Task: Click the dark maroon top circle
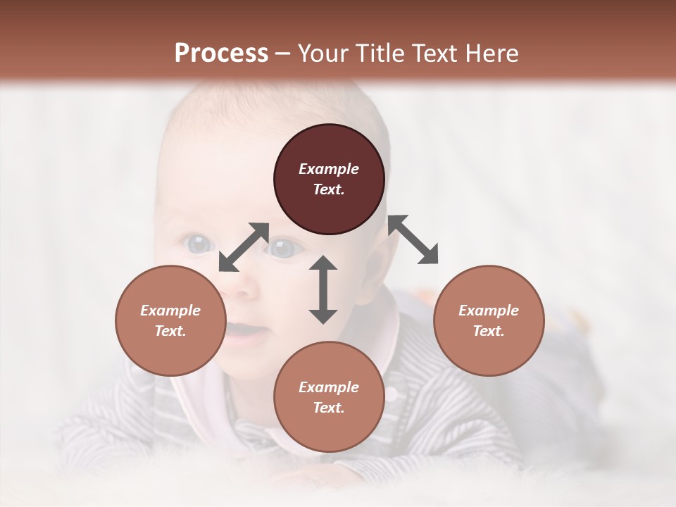(x=329, y=180)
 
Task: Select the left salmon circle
(x=170, y=320)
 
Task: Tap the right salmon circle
(x=489, y=320)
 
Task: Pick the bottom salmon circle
(x=329, y=397)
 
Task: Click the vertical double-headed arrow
(x=323, y=289)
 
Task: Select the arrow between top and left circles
(x=244, y=247)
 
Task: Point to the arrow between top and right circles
(x=413, y=239)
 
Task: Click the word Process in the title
(x=221, y=53)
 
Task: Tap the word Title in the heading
(x=381, y=53)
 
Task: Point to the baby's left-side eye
(x=199, y=244)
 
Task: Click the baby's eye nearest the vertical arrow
(x=284, y=249)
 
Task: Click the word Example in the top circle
(x=329, y=169)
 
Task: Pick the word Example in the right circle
(x=489, y=311)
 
